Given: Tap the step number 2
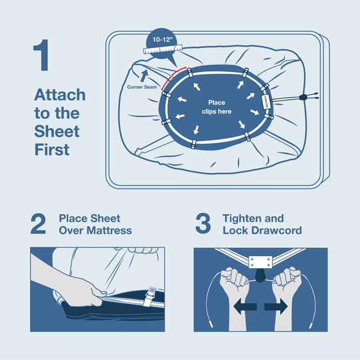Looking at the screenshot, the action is click(x=38, y=224).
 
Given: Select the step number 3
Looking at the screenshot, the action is click(x=203, y=223).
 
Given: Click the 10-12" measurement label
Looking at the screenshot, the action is click(x=162, y=40).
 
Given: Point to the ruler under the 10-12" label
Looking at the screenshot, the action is click(x=163, y=49).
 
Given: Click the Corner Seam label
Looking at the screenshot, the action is click(x=142, y=87).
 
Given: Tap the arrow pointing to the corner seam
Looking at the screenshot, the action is click(x=144, y=76).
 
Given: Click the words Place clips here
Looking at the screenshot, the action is click(x=217, y=107).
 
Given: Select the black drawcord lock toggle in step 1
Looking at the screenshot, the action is click(x=303, y=97).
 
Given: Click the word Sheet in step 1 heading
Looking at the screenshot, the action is click(x=57, y=131).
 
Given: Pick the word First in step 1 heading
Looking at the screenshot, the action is click(x=52, y=150).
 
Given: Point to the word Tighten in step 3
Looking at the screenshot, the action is click(x=242, y=219).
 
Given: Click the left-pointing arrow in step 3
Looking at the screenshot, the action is click(x=245, y=307).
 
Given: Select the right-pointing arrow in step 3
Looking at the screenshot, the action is click(x=276, y=307).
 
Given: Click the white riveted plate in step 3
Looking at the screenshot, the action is click(x=261, y=262).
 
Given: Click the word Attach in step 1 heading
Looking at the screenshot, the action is click(x=60, y=95).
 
